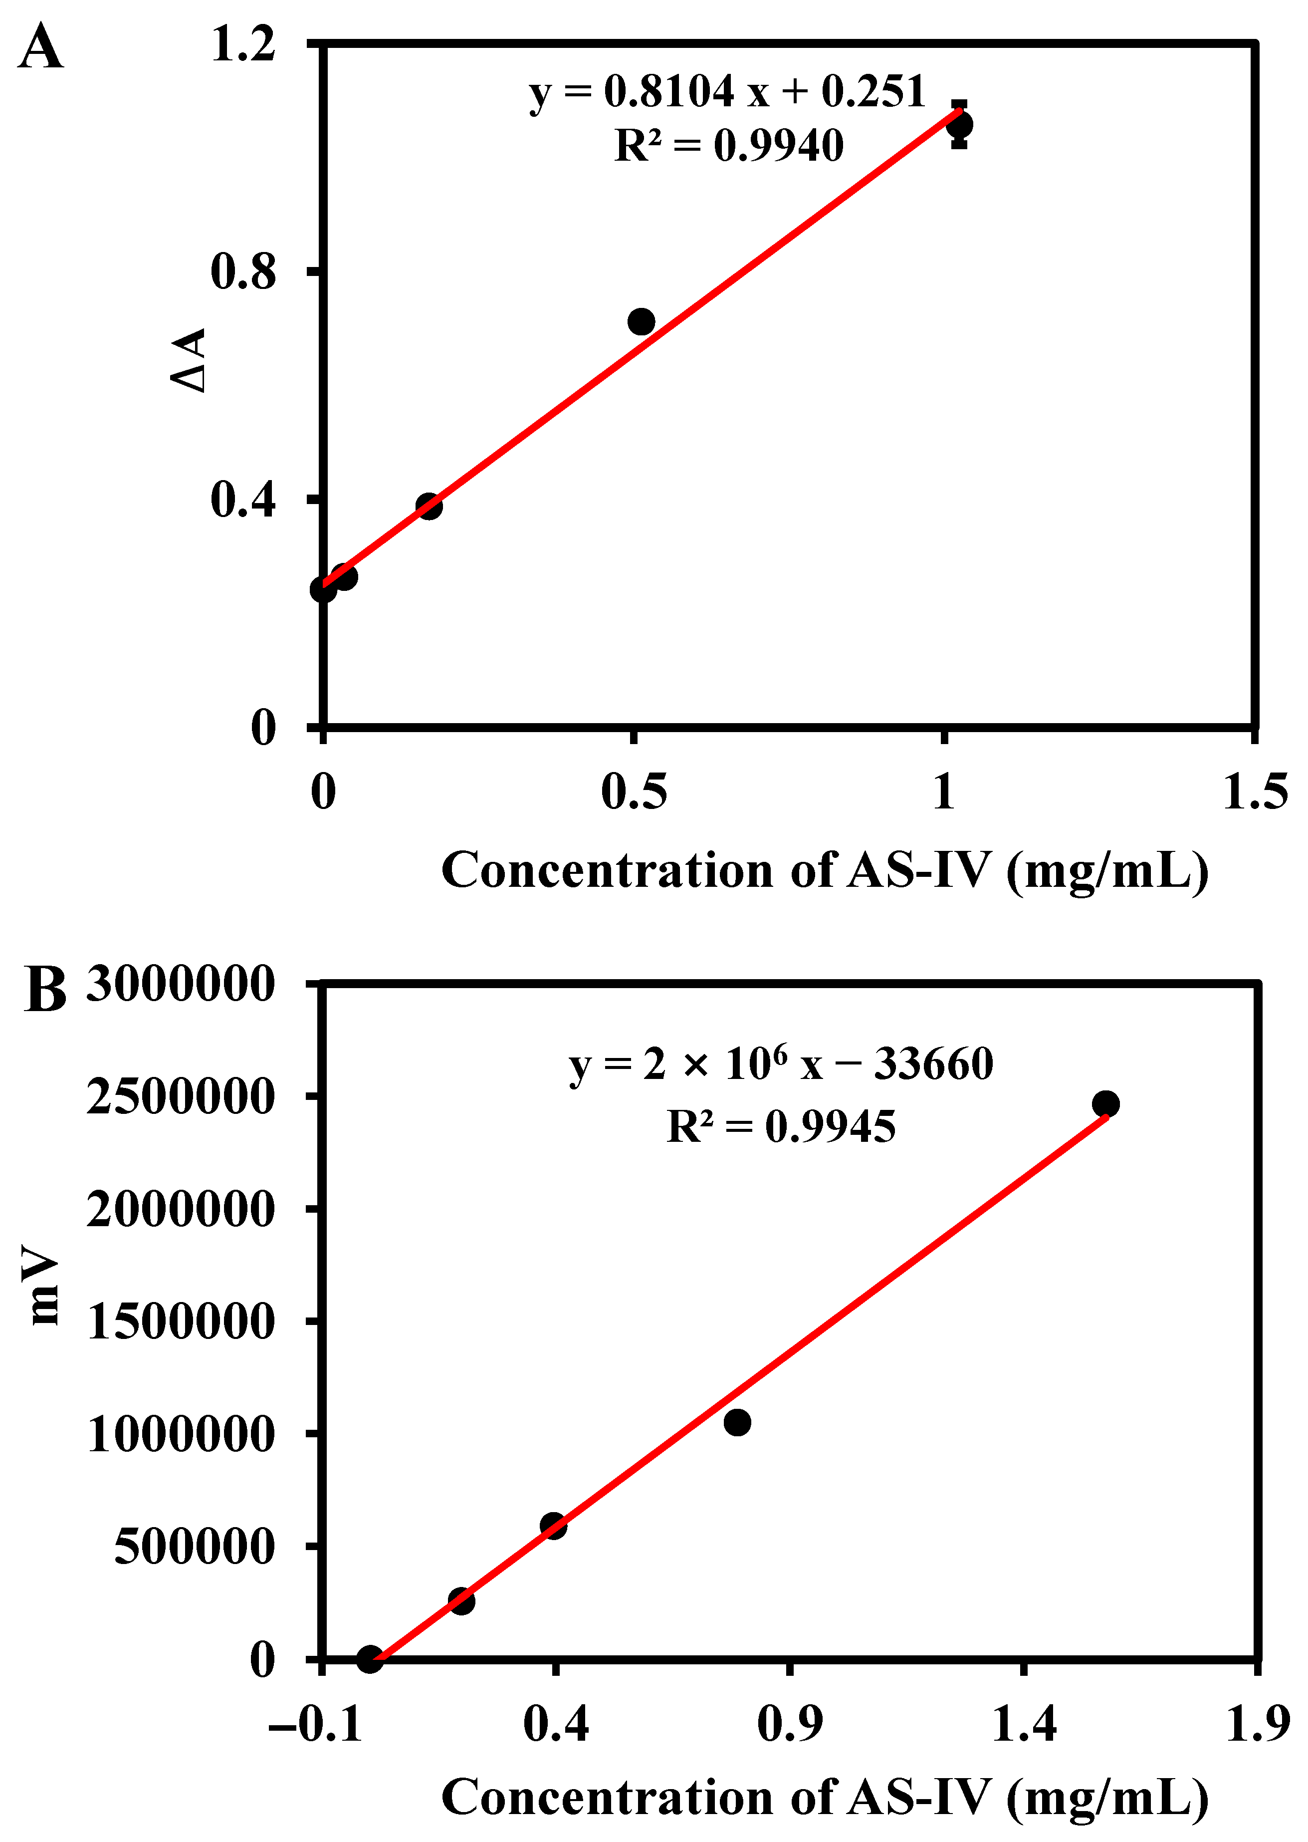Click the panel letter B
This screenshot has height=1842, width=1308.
click(45, 990)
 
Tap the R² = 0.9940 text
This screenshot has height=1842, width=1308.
click(729, 146)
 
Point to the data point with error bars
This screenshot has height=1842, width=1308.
click(958, 125)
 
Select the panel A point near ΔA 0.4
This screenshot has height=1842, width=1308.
click(430, 506)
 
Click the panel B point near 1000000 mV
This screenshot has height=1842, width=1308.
click(737, 1423)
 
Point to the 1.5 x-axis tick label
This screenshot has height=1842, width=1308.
click(1255, 792)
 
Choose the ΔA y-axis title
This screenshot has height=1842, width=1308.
click(189, 360)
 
